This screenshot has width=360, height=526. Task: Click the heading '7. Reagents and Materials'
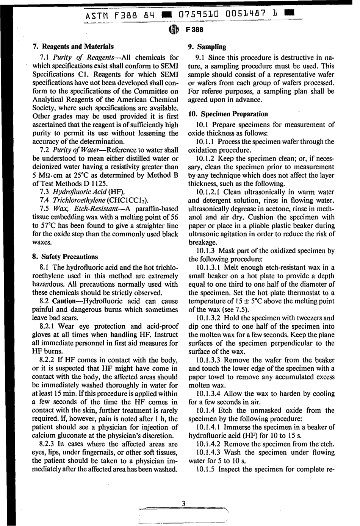(72, 47)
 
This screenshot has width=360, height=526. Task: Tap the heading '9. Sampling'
(207, 47)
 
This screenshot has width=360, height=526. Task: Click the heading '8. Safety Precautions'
(65, 257)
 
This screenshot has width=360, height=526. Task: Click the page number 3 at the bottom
(183, 503)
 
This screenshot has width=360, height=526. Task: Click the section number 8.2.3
(50, 444)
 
